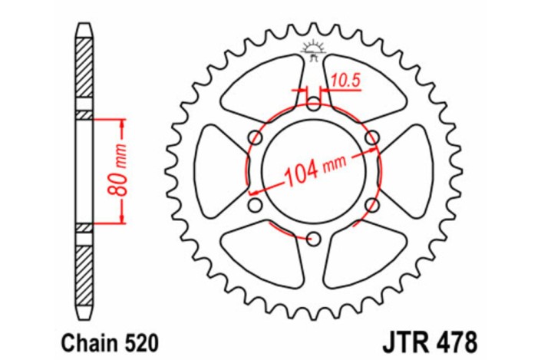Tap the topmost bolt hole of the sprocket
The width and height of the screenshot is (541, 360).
click(313, 103)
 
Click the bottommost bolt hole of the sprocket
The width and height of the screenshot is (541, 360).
click(313, 239)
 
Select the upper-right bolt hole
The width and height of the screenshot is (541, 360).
click(372, 137)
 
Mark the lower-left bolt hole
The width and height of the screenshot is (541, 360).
click(255, 206)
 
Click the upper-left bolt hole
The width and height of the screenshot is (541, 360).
click(255, 137)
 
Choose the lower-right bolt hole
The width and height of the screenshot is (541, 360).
click(372, 206)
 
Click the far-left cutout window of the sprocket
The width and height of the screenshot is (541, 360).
click(218, 171)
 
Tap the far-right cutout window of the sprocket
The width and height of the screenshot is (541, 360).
click(408, 171)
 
